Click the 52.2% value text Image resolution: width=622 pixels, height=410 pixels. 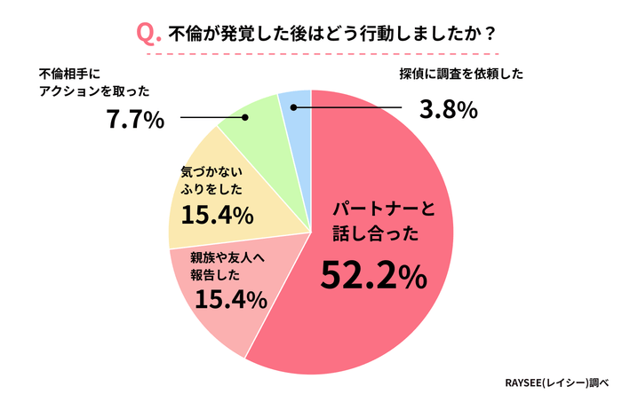pyautogui.click(x=374, y=276)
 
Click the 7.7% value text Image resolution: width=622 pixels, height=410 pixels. pyautogui.click(x=134, y=118)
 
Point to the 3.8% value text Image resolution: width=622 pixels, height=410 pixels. pyautogui.click(x=449, y=111)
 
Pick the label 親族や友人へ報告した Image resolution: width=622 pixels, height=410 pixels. pyautogui.click(x=227, y=266)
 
